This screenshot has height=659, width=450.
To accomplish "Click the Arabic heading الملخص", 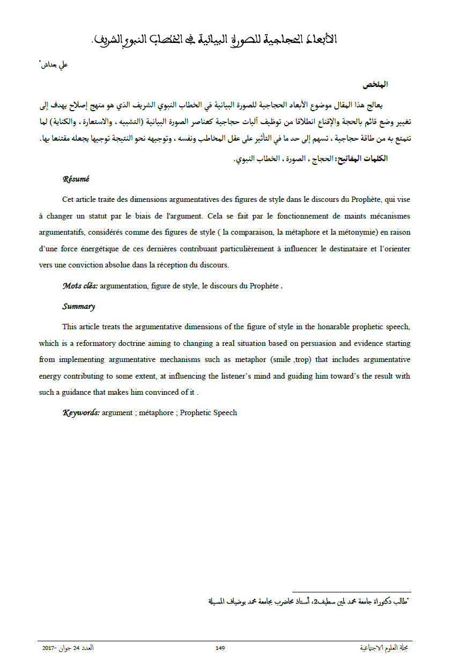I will [x=375, y=85].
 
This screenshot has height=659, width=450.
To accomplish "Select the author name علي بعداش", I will [x=54, y=65].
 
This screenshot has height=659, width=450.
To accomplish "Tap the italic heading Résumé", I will [x=76, y=179].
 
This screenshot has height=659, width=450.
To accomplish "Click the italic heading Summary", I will [x=78, y=307].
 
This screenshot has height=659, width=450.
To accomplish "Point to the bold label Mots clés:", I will [x=80, y=286].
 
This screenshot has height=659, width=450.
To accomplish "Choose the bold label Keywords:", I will [x=81, y=412].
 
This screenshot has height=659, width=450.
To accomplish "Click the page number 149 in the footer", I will [x=220, y=648].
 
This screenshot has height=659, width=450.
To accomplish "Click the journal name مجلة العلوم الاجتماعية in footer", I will [x=385, y=648].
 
